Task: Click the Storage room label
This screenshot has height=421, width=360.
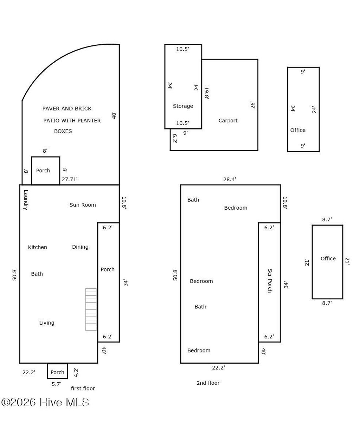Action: coord(183,106)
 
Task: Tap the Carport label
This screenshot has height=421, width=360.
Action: coord(228,121)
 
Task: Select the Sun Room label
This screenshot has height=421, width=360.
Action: coord(83,205)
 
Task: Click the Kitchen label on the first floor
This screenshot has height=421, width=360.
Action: coord(38,247)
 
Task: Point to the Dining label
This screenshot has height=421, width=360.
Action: coord(80,247)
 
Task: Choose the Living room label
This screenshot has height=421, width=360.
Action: coord(47,323)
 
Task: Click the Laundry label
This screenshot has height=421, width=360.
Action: coord(25,200)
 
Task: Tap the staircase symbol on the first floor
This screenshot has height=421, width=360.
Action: coord(91,310)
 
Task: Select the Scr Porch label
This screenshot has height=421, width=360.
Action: coord(270,281)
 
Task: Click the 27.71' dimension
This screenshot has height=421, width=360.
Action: coord(70,179)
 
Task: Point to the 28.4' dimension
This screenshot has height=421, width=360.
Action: coord(230,179)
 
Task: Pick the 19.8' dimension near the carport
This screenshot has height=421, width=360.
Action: coord(206,94)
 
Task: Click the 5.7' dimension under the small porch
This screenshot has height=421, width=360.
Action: coord(57,384)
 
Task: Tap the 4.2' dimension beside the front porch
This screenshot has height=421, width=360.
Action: coord(76,372)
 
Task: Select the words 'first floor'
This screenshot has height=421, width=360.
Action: coord(83,388)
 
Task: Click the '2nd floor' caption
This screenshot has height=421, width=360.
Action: coord(208,383)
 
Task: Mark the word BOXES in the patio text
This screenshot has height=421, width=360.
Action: coord(63,131)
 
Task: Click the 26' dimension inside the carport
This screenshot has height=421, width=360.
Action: coord(252,105)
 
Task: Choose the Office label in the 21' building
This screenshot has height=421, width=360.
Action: coord(328,259)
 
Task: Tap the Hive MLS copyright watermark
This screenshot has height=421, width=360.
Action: coord(45,402)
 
